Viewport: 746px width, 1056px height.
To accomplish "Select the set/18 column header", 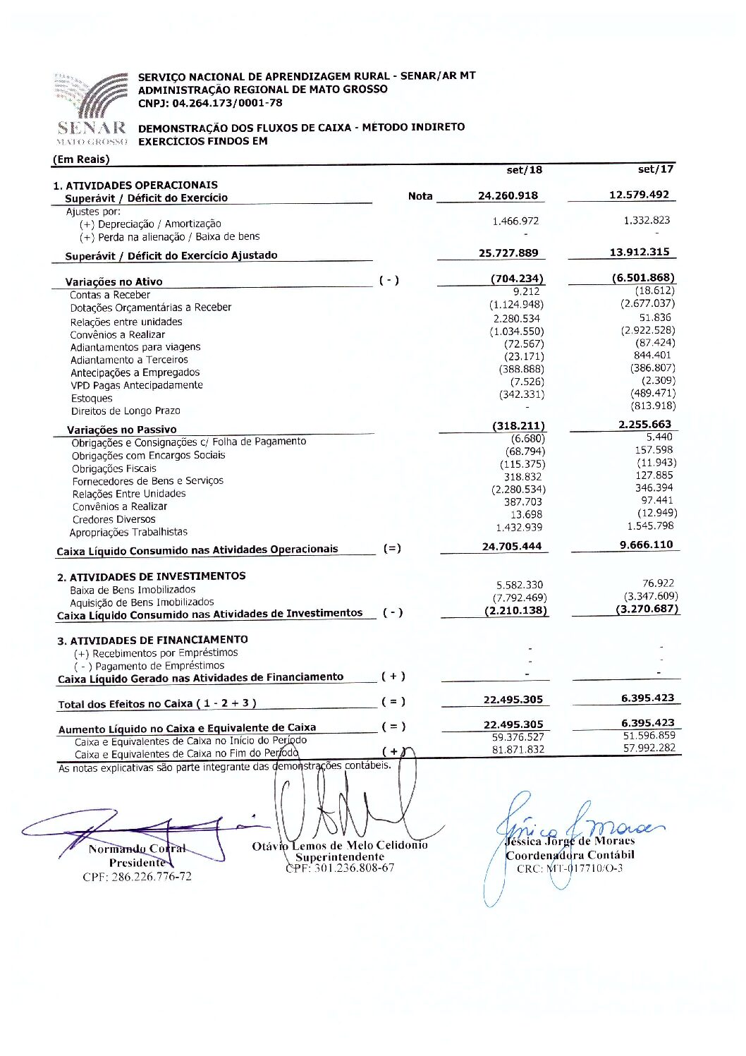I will (525, 170).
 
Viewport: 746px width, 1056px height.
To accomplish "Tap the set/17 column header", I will (655, 169).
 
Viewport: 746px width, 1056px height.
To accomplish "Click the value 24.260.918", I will (508, 196).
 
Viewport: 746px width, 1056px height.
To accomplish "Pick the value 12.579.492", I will (639, 195).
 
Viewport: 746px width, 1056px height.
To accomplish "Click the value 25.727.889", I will (508, 253).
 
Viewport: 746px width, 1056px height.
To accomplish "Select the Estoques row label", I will (91, 399).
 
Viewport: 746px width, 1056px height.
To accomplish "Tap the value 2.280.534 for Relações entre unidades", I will (517, 319).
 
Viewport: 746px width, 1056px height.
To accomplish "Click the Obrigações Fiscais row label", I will (114, 469).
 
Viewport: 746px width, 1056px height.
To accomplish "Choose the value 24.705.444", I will (512, 547).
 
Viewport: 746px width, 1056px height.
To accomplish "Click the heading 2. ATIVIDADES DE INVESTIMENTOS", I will (152, 577).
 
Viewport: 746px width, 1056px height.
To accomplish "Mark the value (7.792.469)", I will (520, 598).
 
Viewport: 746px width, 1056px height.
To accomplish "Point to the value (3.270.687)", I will (647, 609).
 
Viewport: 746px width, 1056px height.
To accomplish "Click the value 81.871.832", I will (518, 750).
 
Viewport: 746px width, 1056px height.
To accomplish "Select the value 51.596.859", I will (649, 736).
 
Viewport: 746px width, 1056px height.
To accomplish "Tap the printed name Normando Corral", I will (137, 849).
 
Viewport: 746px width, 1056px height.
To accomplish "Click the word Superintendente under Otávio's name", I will (340, 857).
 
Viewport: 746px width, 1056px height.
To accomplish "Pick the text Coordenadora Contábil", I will (570, 855).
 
